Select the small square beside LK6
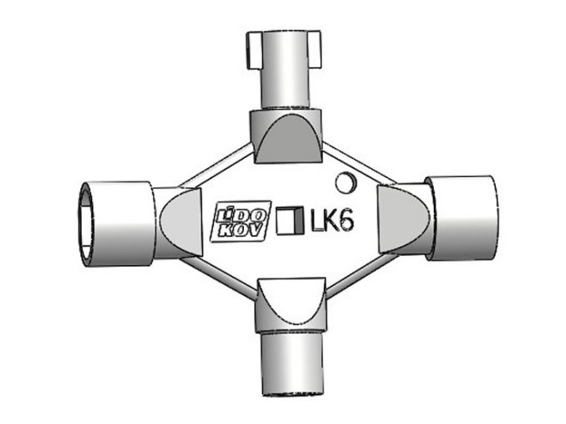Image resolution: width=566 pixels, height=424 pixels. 290,219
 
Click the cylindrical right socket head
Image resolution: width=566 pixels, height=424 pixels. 464,216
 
